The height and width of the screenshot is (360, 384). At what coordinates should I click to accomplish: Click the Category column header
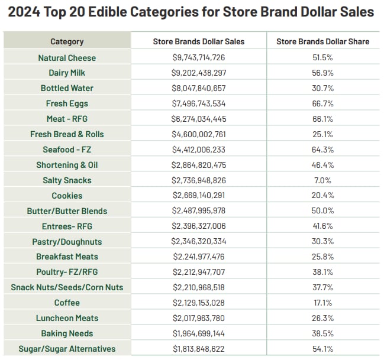[67, 41]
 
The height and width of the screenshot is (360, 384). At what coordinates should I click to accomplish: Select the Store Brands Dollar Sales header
[198, 41]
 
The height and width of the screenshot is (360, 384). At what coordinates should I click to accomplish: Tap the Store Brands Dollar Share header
[322, 41]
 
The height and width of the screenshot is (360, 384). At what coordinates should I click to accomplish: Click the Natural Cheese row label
[67, 58]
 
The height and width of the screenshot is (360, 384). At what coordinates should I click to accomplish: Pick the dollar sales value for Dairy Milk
[198, 73]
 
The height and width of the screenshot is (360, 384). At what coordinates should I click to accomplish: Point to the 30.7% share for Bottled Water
[322, 88]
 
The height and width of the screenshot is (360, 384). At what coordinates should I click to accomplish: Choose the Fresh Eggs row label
[67, 103]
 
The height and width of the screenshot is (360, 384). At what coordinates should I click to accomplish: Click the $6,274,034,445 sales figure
[198, 119]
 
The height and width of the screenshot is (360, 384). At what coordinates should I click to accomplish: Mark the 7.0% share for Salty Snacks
[322, 180]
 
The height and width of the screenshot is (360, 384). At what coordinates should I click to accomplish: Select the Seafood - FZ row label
[67, 150]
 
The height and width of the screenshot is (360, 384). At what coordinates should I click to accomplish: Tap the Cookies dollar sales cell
[198, 196]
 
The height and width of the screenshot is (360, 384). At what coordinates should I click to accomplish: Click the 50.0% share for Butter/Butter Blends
[322, 211]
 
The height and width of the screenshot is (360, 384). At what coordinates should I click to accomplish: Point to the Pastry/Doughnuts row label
[67, 242]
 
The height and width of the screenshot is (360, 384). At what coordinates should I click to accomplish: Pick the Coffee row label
[67, 303]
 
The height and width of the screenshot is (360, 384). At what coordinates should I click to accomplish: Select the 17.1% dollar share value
[322, 303]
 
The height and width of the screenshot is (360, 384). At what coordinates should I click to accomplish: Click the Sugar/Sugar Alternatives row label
[67, 349]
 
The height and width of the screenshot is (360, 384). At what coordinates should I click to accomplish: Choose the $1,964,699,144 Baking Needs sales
[198, 333]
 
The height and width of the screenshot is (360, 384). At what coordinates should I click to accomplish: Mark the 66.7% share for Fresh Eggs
[322, 103]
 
